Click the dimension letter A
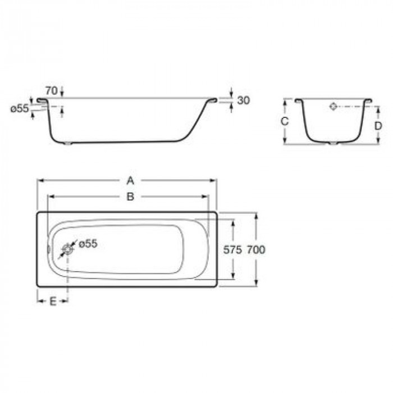click(x=130, y=180)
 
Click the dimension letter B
click(x=130, y=196)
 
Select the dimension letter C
click(x=285, y=122)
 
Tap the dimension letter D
click(x=378, y=126)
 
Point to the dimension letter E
click(x=53, y=301)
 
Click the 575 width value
click(x=232, y=250)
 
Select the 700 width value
click(x=256, y=250)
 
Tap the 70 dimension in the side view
click(x=52, y=91)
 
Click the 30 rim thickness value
click(x=244, y=100)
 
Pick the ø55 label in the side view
click(x=19, y=109)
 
